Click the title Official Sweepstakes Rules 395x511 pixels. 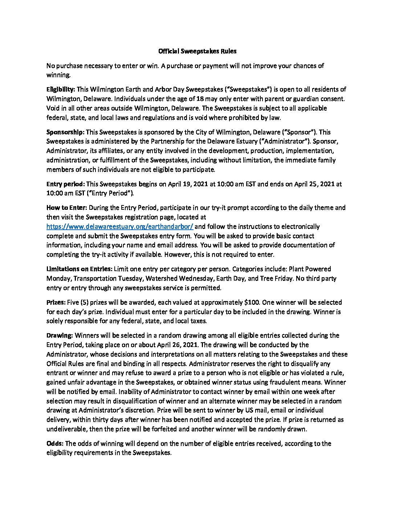(x=197, y=52)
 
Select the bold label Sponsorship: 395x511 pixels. (x=65, y=132)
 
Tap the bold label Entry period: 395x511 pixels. (x=65, y=184)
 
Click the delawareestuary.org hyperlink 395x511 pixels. (x=120, y=226)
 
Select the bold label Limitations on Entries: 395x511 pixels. (x=79, y=269)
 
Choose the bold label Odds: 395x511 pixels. (x=55, y=443)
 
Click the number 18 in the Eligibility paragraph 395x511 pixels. (x=144, y=99)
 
